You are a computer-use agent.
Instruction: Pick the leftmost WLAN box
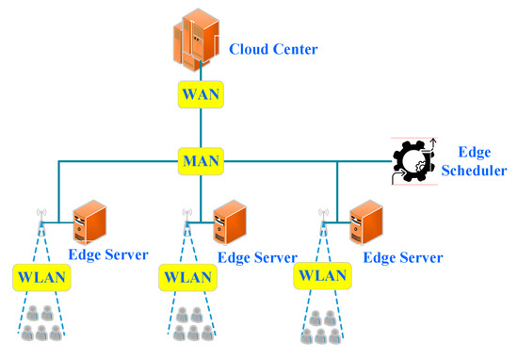[x=39, y=278]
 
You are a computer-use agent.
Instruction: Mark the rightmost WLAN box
[x=320, y=277]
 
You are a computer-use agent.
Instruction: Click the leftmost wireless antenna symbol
[x=42, y=216]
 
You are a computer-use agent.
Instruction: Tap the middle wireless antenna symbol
[x=186, y=216]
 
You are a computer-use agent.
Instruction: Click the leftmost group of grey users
[x=42, y=323]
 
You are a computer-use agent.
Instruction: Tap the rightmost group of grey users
[x=324, y=323]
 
